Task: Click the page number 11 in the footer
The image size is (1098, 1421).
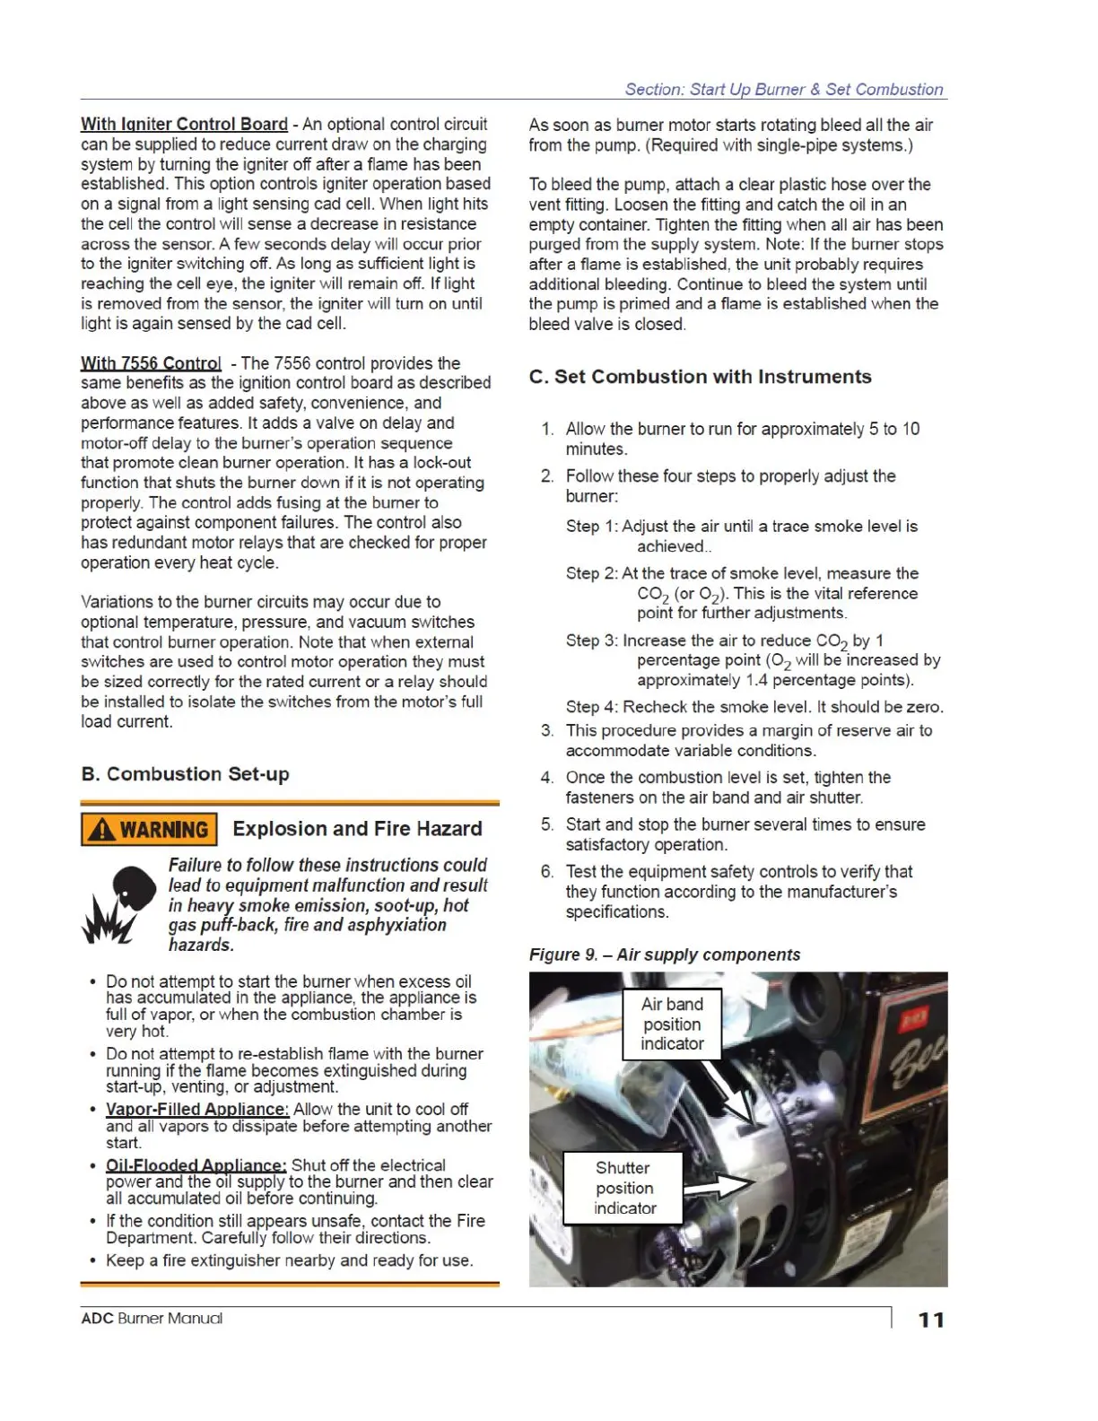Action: (x=931, y=1320)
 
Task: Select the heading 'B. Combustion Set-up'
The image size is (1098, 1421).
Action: (x=185, y=774)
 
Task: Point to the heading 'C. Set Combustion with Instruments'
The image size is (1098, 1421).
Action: (x=700, y=377)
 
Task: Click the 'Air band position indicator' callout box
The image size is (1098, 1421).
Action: (x=672, y=1024)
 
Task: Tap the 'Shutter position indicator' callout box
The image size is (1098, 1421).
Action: (x=623, y=1188)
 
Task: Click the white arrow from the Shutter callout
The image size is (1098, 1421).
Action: (x=718, y=1187)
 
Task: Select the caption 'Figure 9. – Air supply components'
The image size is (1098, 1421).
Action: (x=664, y=955)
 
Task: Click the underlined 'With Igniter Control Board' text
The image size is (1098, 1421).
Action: (x=184, y=125)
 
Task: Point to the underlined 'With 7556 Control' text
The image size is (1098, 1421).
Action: (x=151, y=363)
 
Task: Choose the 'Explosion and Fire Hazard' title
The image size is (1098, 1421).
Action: (x=357, y=829)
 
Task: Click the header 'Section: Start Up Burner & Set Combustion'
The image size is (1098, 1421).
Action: (x=783, y=90)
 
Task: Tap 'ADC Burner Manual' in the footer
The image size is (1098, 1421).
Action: (x=152, y=1319)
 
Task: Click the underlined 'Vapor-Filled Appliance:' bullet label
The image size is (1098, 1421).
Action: (x=196, y=1110)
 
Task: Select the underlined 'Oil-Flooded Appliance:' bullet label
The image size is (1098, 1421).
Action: (x=196, y=1165)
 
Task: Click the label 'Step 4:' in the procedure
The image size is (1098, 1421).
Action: (x=592, y=707)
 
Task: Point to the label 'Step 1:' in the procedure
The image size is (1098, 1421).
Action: (x=592, y=527)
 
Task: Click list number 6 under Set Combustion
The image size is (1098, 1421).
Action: (x=546, y=872)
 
